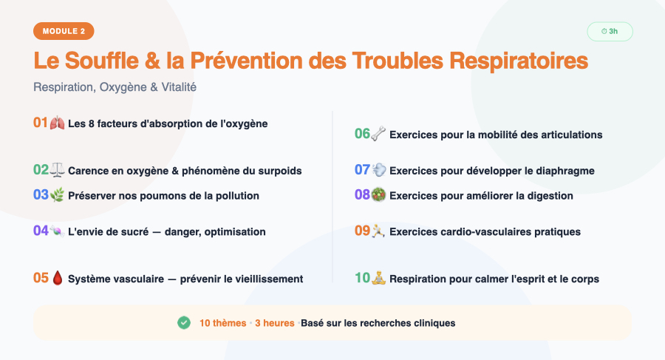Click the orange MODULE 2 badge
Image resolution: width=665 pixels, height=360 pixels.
tap(64, 31)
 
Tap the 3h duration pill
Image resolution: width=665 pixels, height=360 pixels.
tap(610, 31)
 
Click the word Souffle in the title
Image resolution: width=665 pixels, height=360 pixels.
tap(102, 61)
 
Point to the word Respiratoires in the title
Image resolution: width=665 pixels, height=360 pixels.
tap(519, 61)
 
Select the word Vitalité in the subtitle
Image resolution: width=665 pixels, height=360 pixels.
tap(179, 87)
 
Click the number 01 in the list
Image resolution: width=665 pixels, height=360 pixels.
tap(41, 123)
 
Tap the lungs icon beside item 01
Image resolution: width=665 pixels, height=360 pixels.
tap(57, 123)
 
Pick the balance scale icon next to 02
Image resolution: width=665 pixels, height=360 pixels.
tap(57, 170)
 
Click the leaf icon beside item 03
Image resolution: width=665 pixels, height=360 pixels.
tap(57, 195)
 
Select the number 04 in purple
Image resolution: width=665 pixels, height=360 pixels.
tap(41, 231)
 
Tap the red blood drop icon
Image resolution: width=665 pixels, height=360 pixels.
tap(57, 279)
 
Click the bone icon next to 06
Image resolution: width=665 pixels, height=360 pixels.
tap(378, 134)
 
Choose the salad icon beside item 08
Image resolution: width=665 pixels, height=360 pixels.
tap(378, 195)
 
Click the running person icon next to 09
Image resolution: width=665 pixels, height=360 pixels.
tap(378, 231)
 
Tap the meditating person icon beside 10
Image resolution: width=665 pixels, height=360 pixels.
tap(378, 278)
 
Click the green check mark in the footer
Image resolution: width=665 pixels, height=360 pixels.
tap(184, 322)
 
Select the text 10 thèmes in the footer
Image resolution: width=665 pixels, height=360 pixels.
tap(223, 323)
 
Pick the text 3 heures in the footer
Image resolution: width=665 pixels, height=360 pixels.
tap(275, 323)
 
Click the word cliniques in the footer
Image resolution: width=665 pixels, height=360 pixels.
tap(434, 324)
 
